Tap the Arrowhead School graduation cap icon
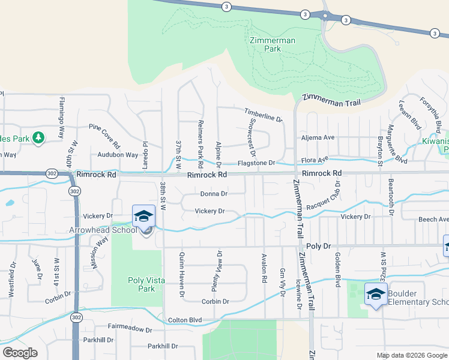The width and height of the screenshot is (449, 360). (x=144, y=215)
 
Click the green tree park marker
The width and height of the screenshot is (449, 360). (x=39, y=138)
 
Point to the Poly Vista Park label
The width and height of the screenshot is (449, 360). (x=141, y=284)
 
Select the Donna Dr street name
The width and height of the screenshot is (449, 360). (x=214, y=194)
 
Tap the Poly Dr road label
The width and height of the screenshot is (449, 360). (x=319, y=246)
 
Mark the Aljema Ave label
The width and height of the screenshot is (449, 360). (x=318, y=137)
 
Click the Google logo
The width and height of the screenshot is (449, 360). (x=20, y=352)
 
